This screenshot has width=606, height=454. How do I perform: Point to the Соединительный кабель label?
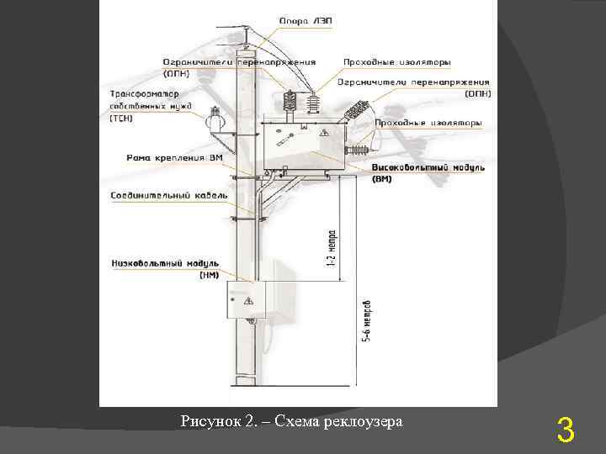point(169,195)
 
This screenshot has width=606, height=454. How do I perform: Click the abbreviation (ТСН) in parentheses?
point(121,119)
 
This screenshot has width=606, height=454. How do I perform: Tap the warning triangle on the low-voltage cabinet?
point(247,300)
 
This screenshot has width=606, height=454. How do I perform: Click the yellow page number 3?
point(566,432)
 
